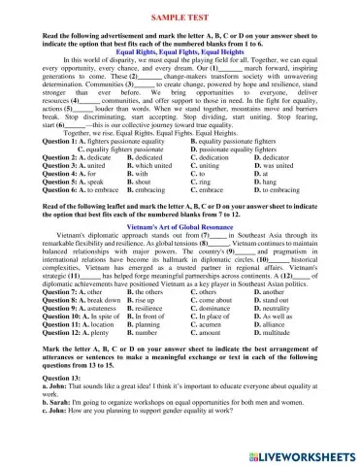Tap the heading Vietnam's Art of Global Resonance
click(180, 249)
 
